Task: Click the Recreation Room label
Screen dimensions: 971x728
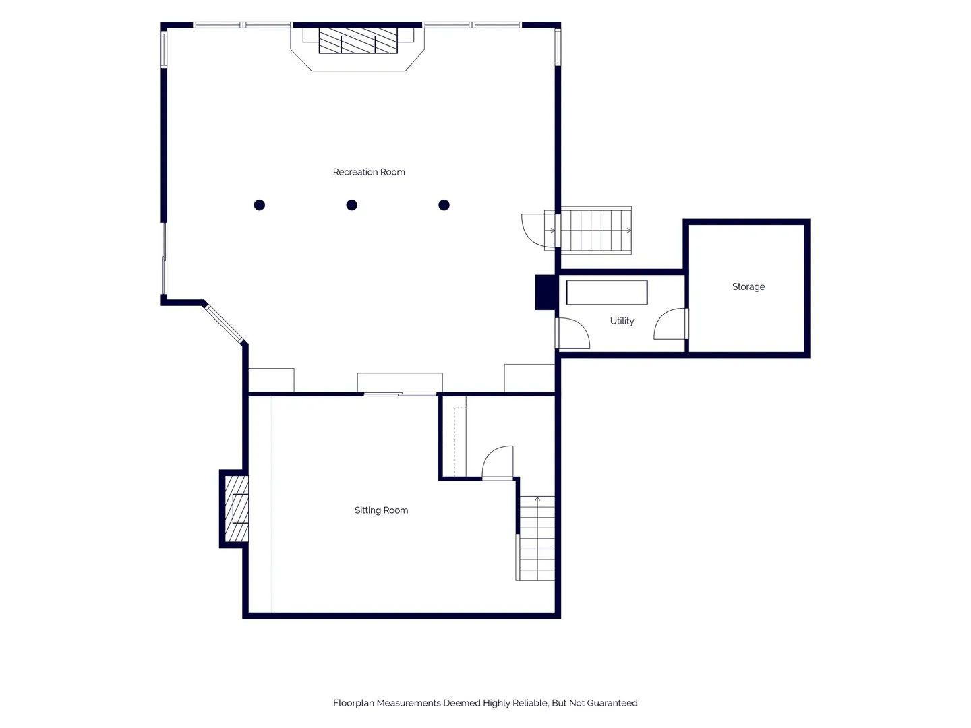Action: coord(368,172)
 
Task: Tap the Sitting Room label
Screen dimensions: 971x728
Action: coord(381,510)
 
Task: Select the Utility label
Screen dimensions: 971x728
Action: coord(622,321)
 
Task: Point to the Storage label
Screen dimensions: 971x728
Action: coord(748,286)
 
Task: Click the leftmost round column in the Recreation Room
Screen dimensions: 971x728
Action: coord(259,205)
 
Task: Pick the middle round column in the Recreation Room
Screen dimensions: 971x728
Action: coord(352,205)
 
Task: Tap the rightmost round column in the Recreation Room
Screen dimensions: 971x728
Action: coord(444,205)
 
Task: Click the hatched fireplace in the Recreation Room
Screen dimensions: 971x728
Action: coord(358,40)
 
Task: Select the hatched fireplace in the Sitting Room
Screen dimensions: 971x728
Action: coord(237,508)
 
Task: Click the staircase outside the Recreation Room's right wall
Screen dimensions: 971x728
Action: coord(596,231)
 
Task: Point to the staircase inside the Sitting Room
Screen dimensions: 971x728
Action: coord(535,538)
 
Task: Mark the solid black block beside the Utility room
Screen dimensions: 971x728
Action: coord(546,292)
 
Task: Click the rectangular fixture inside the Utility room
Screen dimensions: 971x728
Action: coord(606,293)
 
